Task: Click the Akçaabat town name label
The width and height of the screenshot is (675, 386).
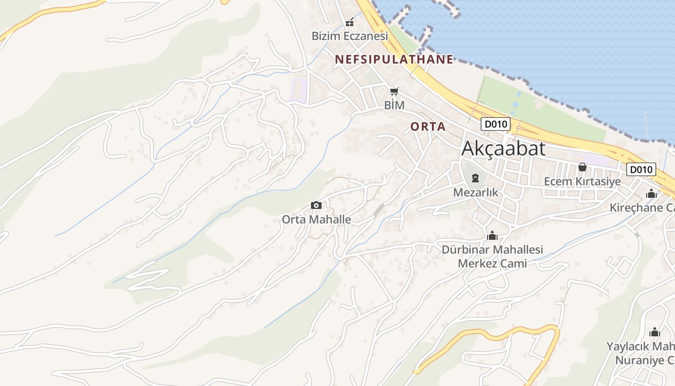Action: pyautogui.click(x=503, y=149)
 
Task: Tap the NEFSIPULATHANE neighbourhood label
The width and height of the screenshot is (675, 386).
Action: pyautogui.click(x=394, y=59)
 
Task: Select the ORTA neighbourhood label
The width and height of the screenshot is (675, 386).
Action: pyautogui.click(x=428, y=126)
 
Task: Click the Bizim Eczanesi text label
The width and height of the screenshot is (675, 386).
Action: pyautogui.click(x=350, y=36)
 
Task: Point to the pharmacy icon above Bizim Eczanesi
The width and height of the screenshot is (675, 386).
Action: pyautogui.click(x=350, y=22)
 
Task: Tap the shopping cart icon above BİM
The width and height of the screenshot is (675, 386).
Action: pyautogui.click(x=394, y=91)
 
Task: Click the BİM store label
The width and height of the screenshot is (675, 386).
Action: pyautogui.click(x=394, y=105)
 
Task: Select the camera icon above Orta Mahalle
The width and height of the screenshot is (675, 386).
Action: pyautogui.click(x=316, y=206)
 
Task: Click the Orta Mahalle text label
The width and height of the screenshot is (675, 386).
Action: pyautogui.click(x=316, y=219)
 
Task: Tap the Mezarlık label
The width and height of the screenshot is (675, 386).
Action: pyautogui.click(x=475, y=193)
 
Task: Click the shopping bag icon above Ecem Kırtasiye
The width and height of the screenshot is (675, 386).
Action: pyautogui.click(x=582, y=167)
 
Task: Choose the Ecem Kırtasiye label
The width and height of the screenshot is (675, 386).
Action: pyautogui.click(x=582, y=181)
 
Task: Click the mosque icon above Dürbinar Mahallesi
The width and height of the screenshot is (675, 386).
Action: pyautogui.click(x=492, y=235)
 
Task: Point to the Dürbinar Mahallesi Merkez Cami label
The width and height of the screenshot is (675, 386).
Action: pyautogui.click(x=492, y=257)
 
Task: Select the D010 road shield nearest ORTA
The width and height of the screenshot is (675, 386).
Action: pyautogui.click(x=495, y=124)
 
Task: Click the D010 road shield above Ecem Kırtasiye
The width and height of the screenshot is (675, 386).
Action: pyautogui.click(x=641, y=169)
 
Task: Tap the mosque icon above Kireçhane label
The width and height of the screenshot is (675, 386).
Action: pyautogui.click(x=651, y=194)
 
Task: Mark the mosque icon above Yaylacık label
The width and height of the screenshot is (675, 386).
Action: pyautogui.click(x=655, y=332)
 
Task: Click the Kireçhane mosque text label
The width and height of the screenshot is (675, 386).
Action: pyautogui.click(x=642, y=208)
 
